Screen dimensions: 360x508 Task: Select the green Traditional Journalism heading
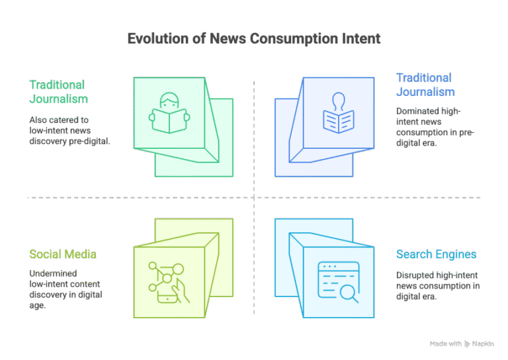(58, 92)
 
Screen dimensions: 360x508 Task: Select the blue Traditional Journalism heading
(425, 85)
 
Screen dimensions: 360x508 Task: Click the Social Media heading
(63, 255)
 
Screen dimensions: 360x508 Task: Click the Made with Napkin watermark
(461, 343)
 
